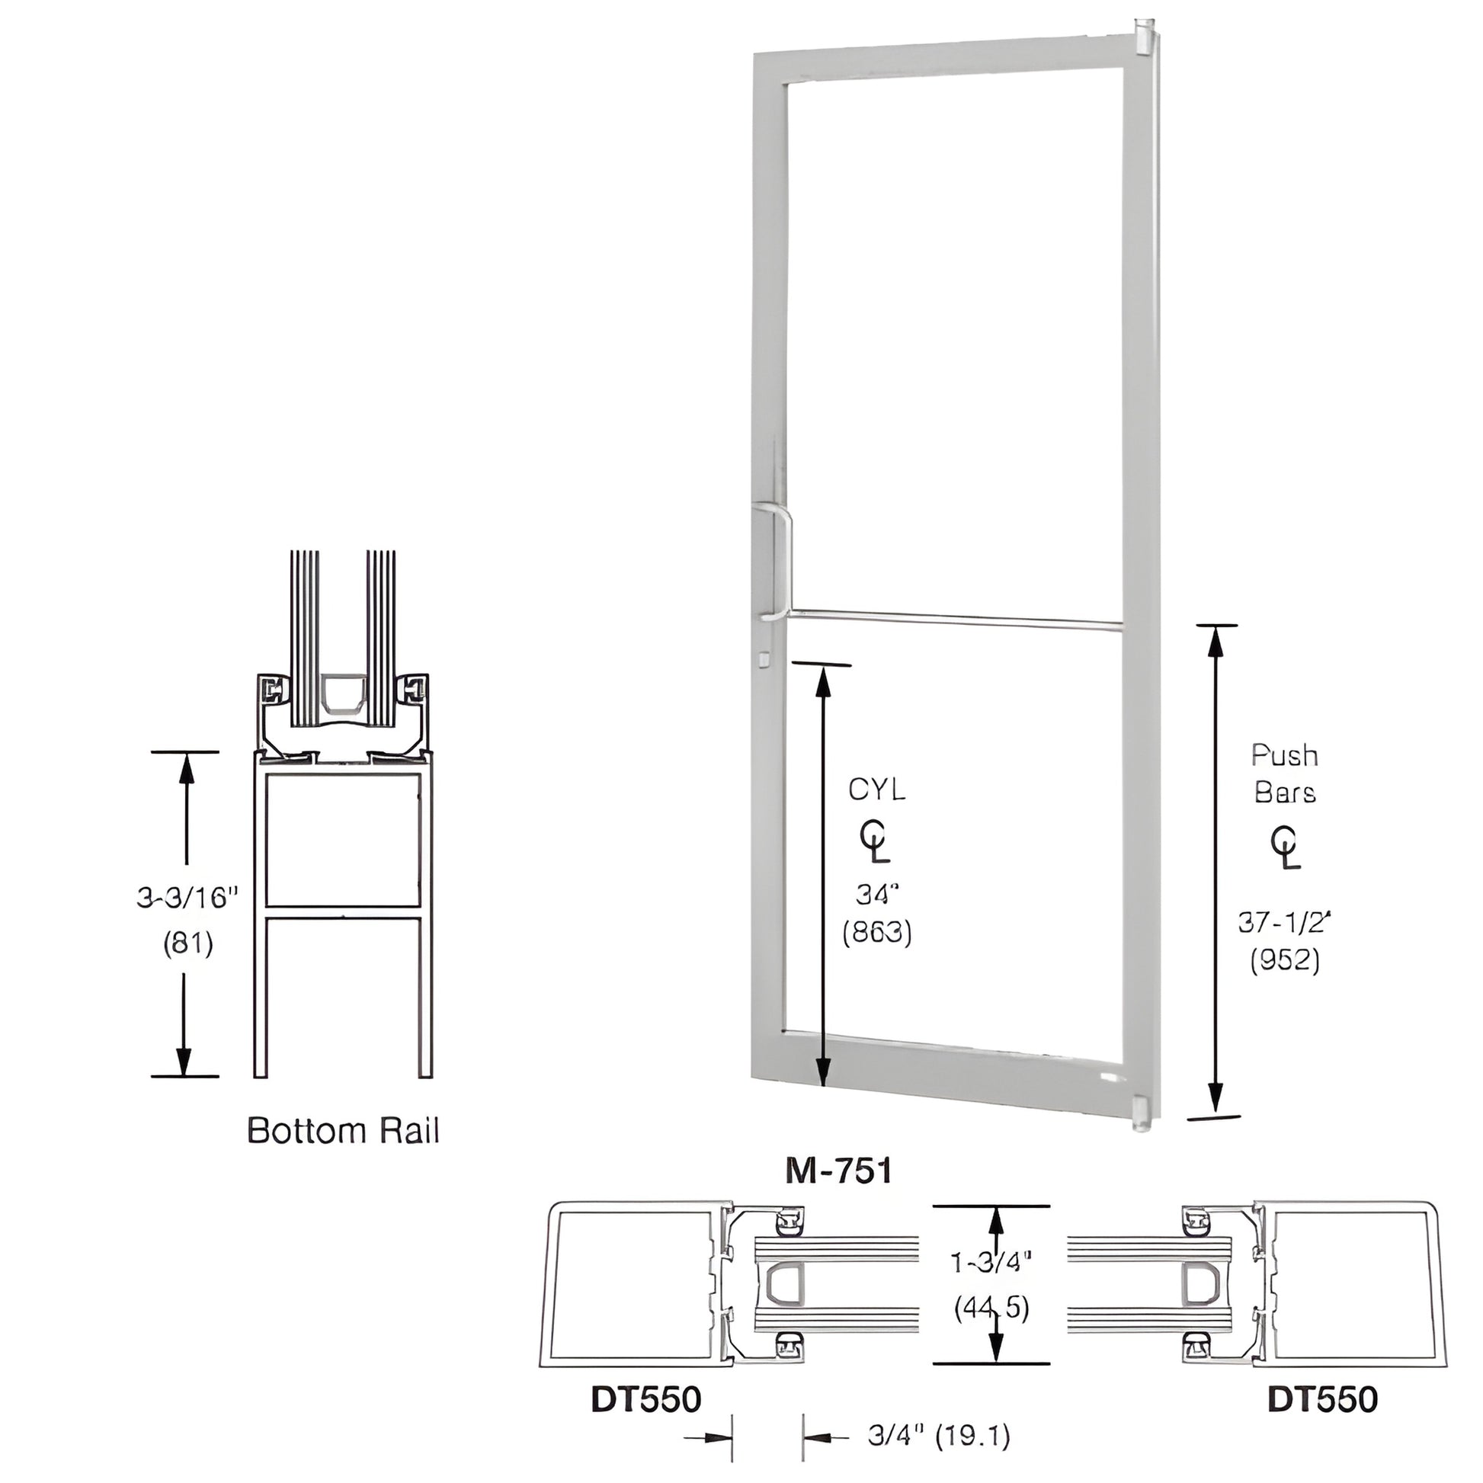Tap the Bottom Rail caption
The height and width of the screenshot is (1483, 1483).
pyautogui.click(x=343, y=1132)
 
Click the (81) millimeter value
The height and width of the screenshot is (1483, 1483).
pyautogui.click(x=188, y=943)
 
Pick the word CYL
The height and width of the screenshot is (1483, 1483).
pyautogui.click(x=876, y=790)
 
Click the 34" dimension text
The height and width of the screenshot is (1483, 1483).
pyautogui.click(x=876, y=894)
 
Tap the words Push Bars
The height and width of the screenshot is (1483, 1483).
pyautogui.click(x=1285, y=774)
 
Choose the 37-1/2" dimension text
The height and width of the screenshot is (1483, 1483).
pyautogui.click(x=1283, y=921)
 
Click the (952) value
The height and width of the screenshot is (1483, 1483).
pyautogui.click(x=1285, y=961)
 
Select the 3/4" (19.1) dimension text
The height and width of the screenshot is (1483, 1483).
pyautogui.click(x=939, y=1437)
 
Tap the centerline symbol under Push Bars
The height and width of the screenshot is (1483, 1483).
pyautogui.click(x=1286, y=848)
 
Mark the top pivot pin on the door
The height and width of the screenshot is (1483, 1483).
pyautogui.click(x=1140, y=37)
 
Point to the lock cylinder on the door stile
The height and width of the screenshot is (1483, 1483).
pyautogui.click(x=763, y=658)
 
